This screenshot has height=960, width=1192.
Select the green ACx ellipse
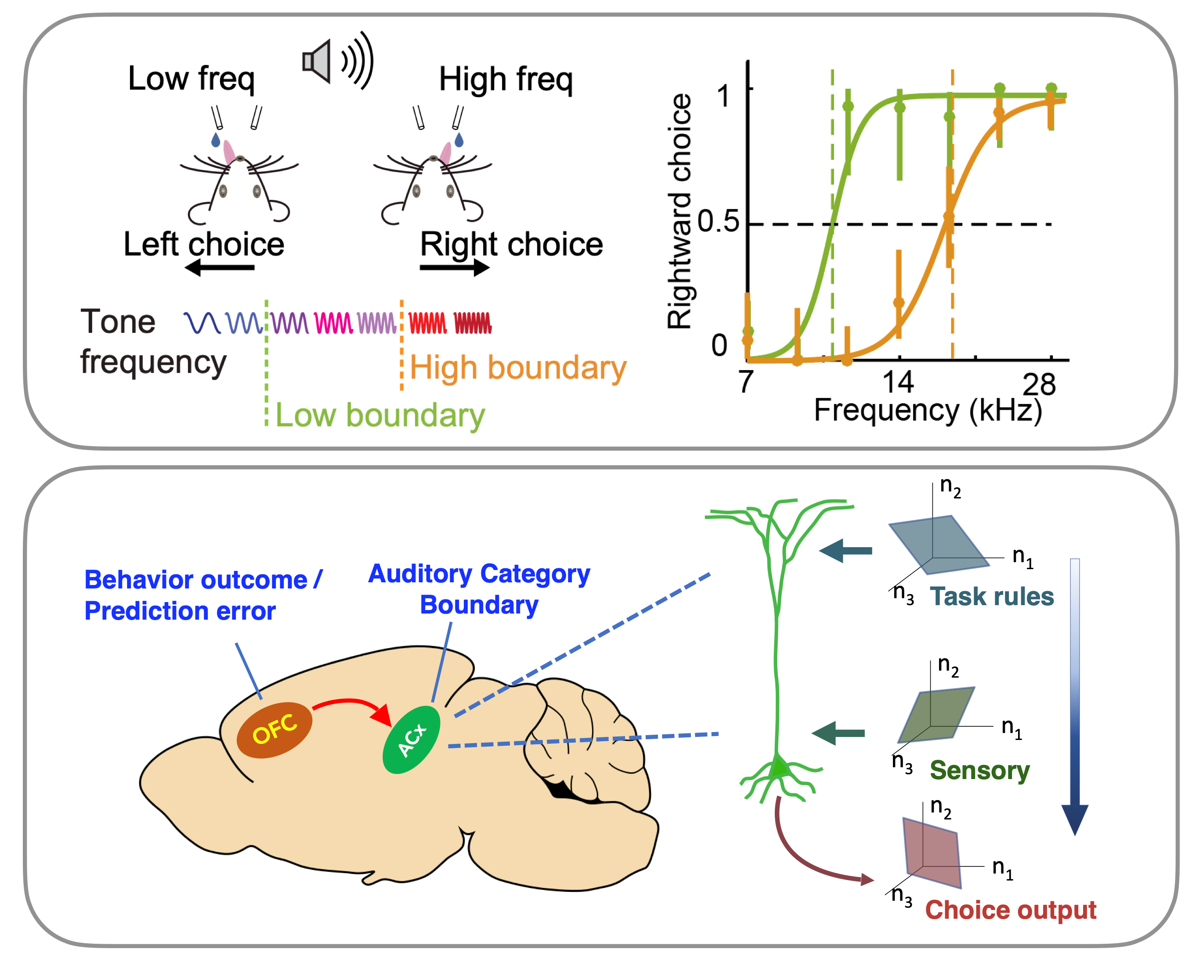pyautogui.click(x=412, y=740)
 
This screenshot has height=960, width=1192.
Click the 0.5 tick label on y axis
pyautogui.click(x=718, y=222)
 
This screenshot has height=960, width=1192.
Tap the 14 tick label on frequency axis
pyautogui.click(x=897, y=382)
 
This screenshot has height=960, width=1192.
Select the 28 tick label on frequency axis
pyautogui.click(x=1039, y=384)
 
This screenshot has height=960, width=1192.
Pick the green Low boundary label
pyautogui.click(x=380, y=416)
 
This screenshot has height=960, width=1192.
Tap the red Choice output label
pyautogui.click(x=1010, y=909)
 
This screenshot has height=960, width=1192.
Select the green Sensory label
pyautogui.click(x=979, y=770)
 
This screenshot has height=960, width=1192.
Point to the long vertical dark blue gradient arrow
pyautogui.click(x=1074, y=697)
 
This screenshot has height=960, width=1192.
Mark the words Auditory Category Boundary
pyautogui.click(x=479, y=589)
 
